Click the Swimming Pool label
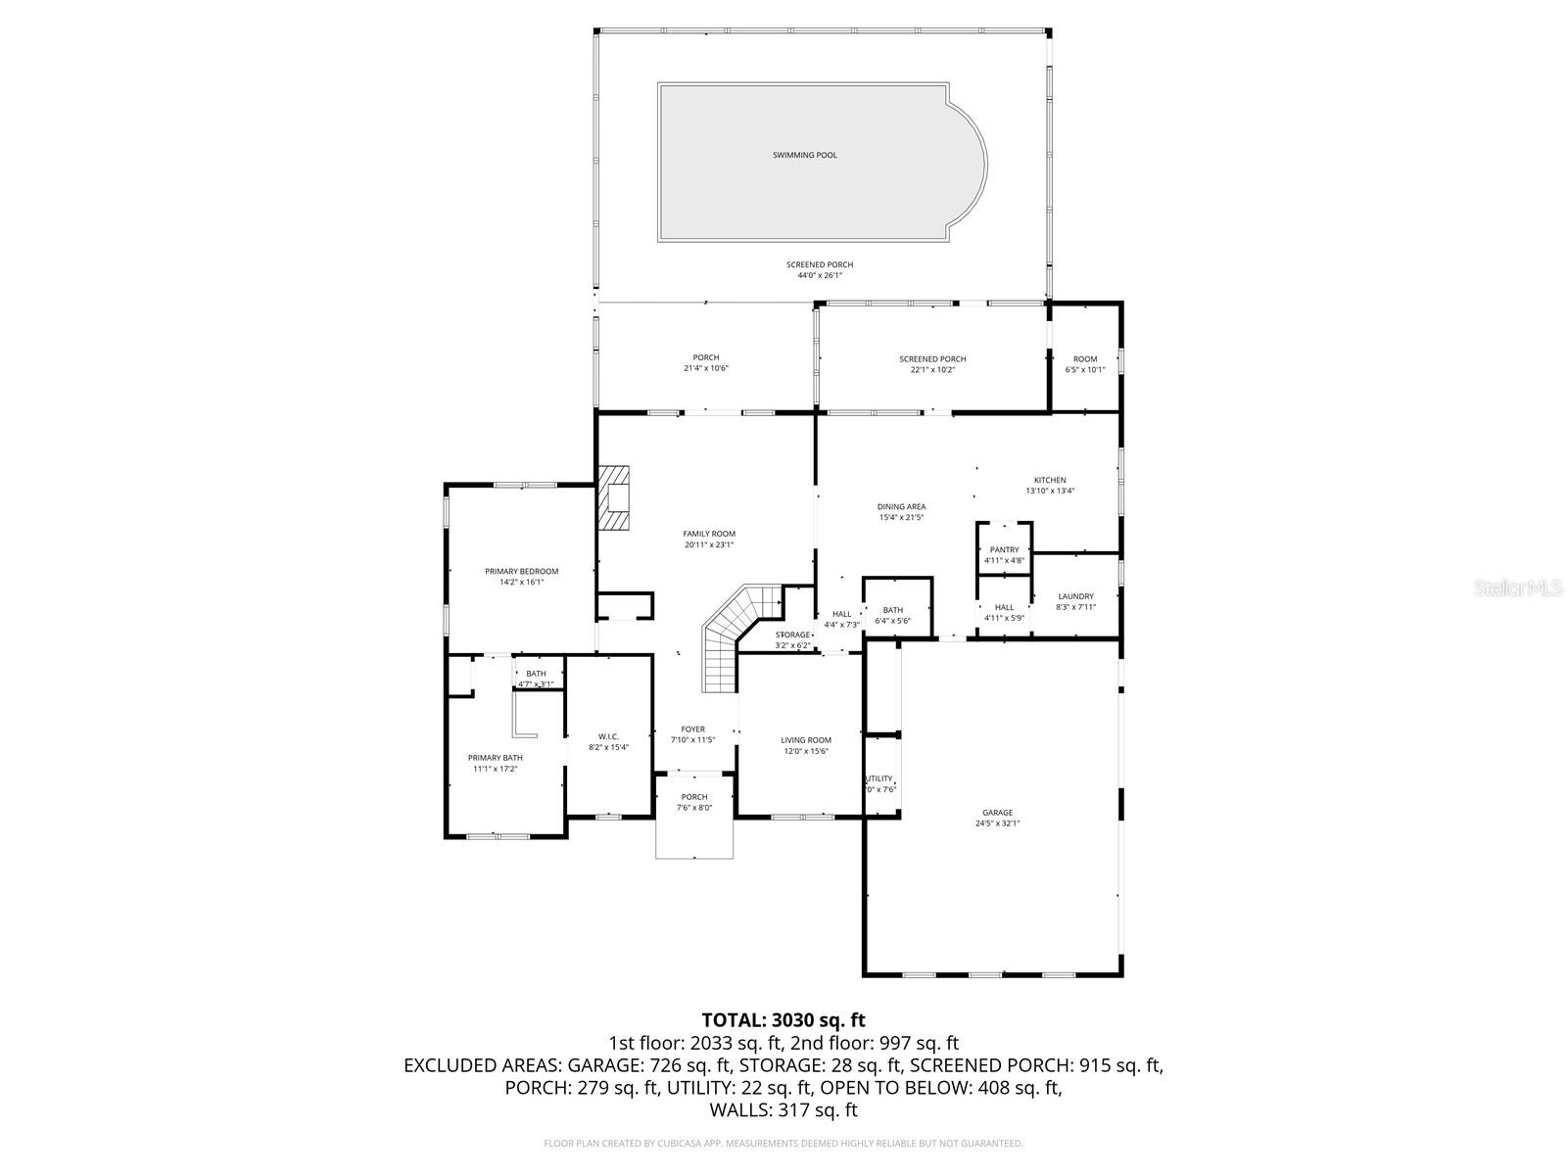pos(804,155)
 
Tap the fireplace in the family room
pos(615,498)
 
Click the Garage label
pos(997,813)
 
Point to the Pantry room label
pos(1004,550)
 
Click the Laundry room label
pos(1075,596)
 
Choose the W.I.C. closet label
pos(608,736)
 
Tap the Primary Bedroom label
pos(521,571)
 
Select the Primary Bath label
pos(495,758)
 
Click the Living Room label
pos(805,740)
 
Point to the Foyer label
pos(692,729)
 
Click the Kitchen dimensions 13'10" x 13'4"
pos(1050,492)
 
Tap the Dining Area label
pos(901,507)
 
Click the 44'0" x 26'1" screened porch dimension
pos(819,276)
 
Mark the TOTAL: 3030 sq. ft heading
pos(783,1020)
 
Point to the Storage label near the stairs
pos(793,635)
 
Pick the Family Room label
pos(709,534)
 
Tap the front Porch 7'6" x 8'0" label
pos(693,797)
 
